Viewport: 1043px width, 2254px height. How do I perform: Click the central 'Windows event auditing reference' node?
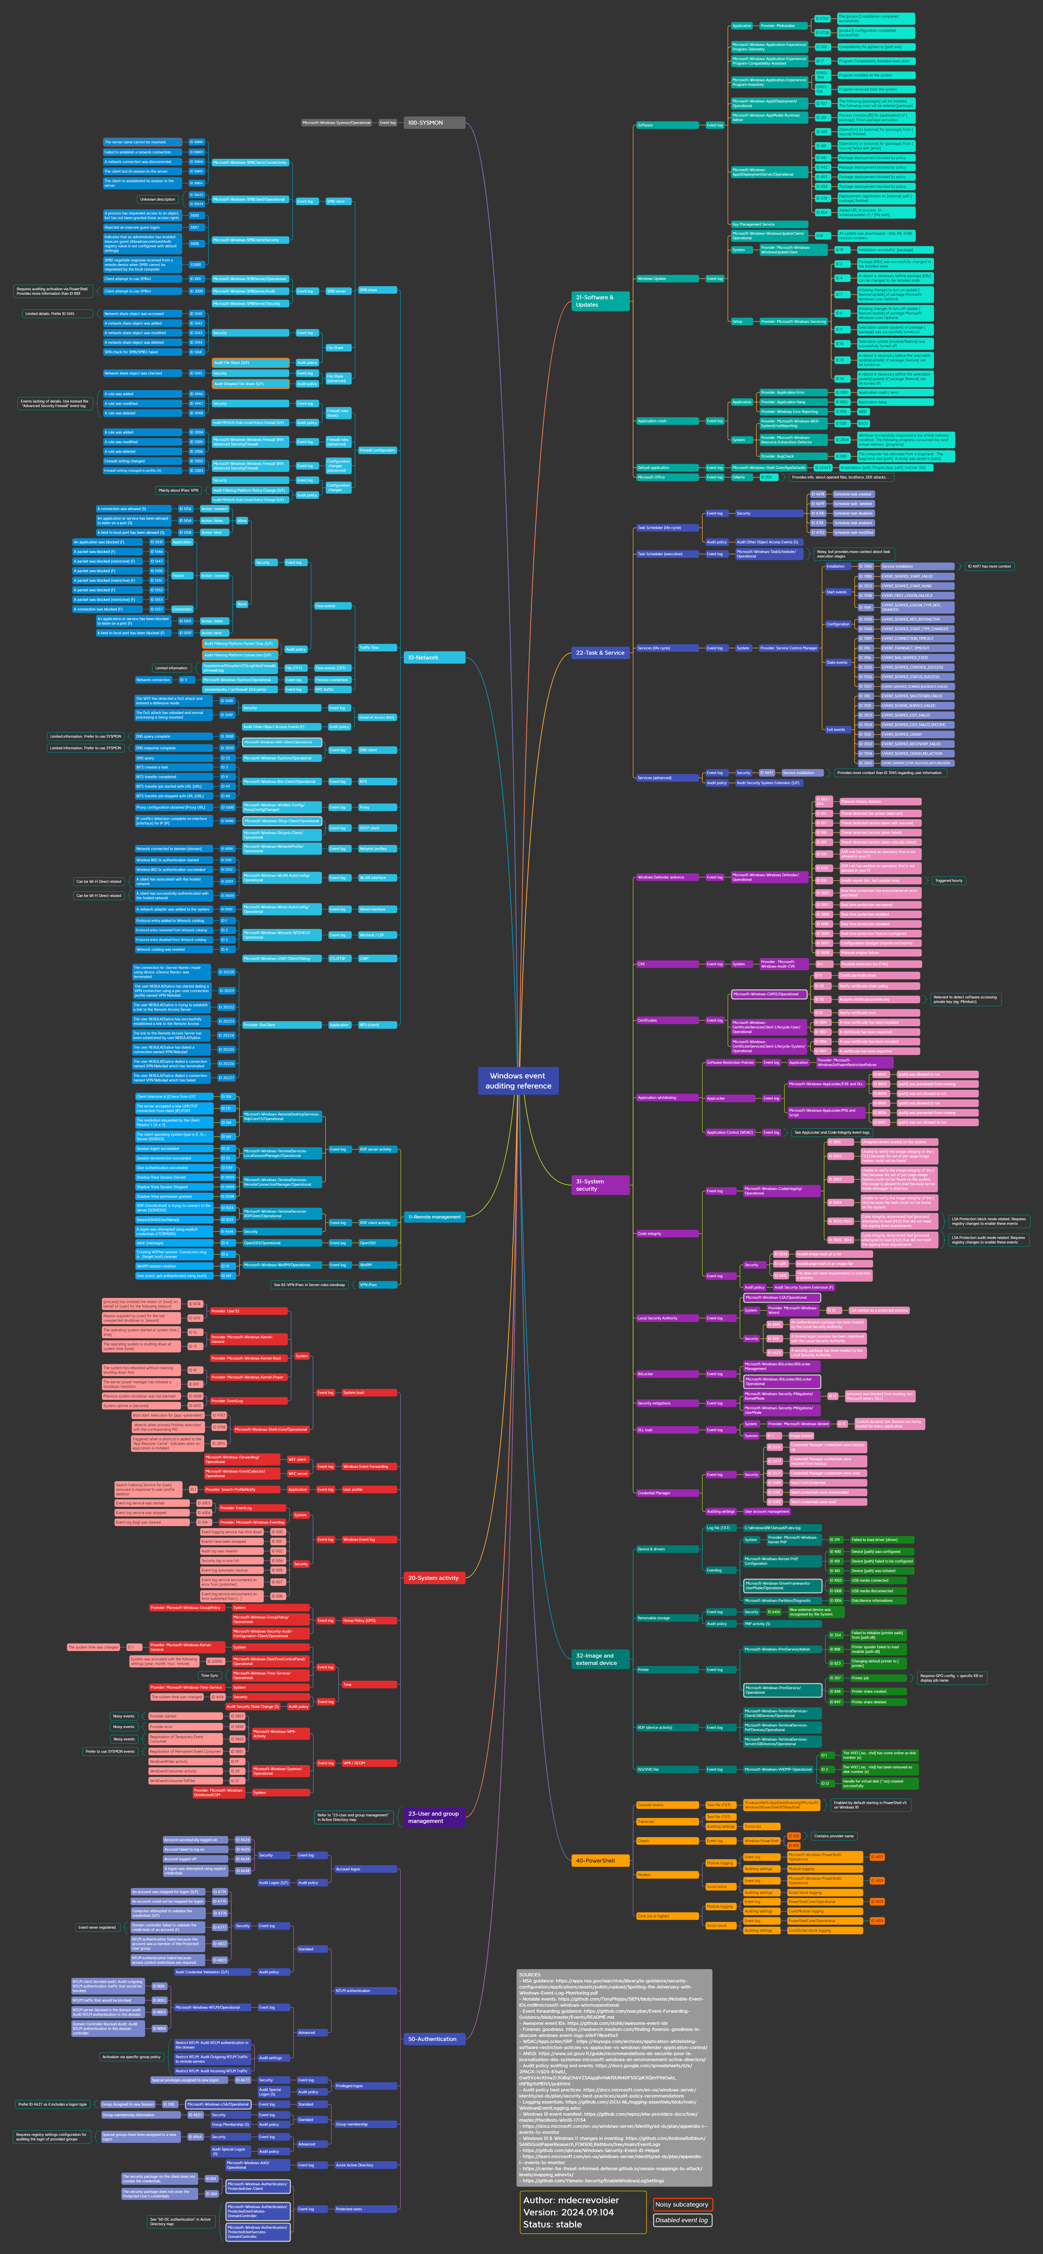pyautogui.click(x=518, y=1081)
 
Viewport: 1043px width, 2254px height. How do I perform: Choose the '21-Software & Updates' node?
pyautogui.click(x=600, y=301)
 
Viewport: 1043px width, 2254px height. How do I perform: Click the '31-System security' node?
pyautogui.click(x=600, y=1185)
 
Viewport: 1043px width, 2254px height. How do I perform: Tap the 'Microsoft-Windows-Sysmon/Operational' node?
pyautogui.click(x=337, y=122)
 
